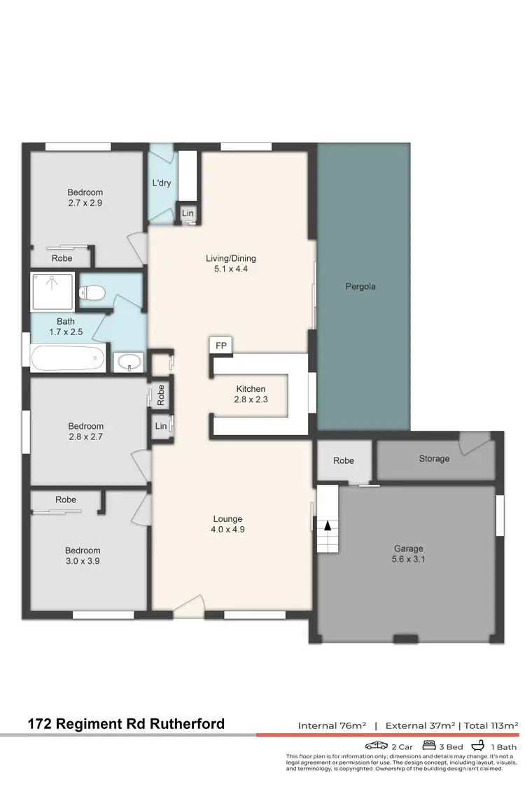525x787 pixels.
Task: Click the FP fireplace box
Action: tap(221, 346)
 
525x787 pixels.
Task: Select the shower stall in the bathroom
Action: tap(52, 292)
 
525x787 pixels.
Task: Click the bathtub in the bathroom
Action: tap(68, 360)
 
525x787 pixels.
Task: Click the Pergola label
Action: tap(360, 286)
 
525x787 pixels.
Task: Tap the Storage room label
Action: tap(434, 458)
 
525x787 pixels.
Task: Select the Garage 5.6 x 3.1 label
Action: tap(408, 554)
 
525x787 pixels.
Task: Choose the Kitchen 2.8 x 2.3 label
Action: tap(251, 394)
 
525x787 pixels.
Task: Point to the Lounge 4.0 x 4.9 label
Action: tap(227, 524)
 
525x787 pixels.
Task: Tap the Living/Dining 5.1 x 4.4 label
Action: tap(230, 263)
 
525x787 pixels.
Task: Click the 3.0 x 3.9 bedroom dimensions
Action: tap(83, 560)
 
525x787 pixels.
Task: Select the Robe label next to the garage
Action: tap(344, 460)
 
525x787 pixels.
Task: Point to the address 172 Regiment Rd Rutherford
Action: tap(127, 724)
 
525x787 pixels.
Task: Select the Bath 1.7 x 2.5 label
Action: tap(66, 327)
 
